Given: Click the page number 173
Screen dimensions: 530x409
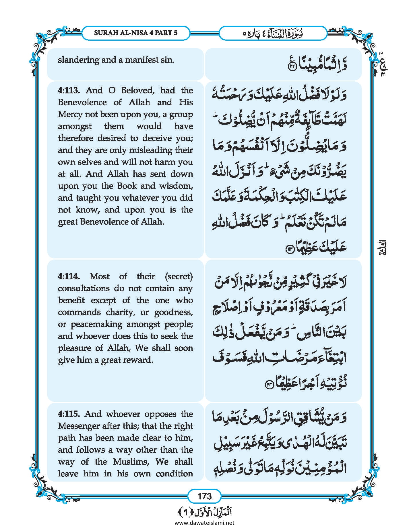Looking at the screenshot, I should click(x=204, y=496).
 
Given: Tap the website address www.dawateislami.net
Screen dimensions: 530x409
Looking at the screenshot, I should click(x=204, y=523).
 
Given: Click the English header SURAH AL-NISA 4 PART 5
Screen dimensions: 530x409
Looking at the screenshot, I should click(x=135, y=33).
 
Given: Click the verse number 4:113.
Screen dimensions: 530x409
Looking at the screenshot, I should click(x=69, y=91).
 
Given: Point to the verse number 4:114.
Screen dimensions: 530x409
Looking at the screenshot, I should click(x=69, y=276).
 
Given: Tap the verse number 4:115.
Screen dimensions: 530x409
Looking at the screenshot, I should click(x=69, y=414).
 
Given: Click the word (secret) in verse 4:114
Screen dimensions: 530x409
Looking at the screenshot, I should click(x=179, y=276).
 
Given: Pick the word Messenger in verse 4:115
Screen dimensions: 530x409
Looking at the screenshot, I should click(x=77, y=426).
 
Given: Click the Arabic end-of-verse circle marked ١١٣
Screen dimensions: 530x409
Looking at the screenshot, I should click(x=288, y=249).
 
